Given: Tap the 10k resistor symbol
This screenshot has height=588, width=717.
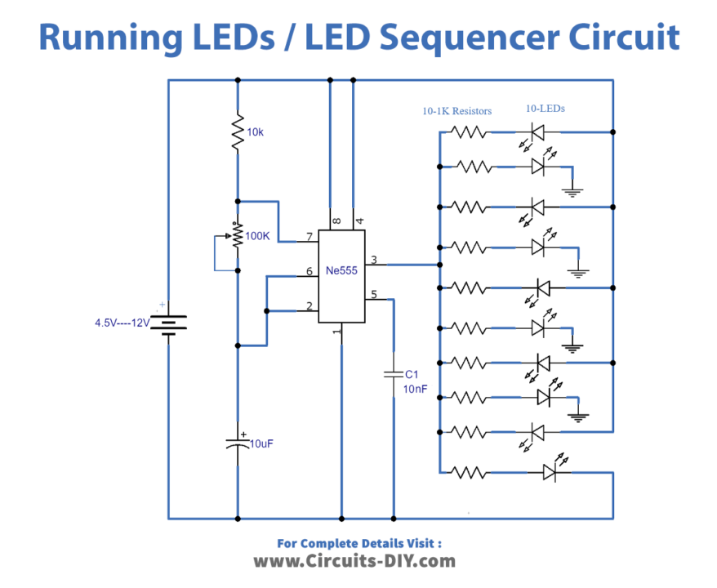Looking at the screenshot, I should tap(237, 131).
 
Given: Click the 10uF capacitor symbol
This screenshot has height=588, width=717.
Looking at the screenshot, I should tap(238, 444).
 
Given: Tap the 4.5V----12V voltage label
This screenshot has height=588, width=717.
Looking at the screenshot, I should tap(122, 323).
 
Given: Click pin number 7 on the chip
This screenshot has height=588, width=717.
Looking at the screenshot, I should tap(310, 237).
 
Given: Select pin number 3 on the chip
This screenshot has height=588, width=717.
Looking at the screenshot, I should tap(374, 260).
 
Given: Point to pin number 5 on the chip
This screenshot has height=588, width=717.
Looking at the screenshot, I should tap(374, 295).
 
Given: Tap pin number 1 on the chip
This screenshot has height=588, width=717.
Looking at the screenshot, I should tap(336, 332).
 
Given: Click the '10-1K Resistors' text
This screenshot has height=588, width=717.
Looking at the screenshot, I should tap(456, 111).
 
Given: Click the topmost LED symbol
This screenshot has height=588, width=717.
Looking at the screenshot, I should tap(538, 131).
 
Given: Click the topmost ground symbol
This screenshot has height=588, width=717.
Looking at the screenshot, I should tap(573, 193).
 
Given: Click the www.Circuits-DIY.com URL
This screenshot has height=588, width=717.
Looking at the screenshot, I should tap(354, 561).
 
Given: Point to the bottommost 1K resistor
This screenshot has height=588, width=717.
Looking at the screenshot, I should tap(472, 471).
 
